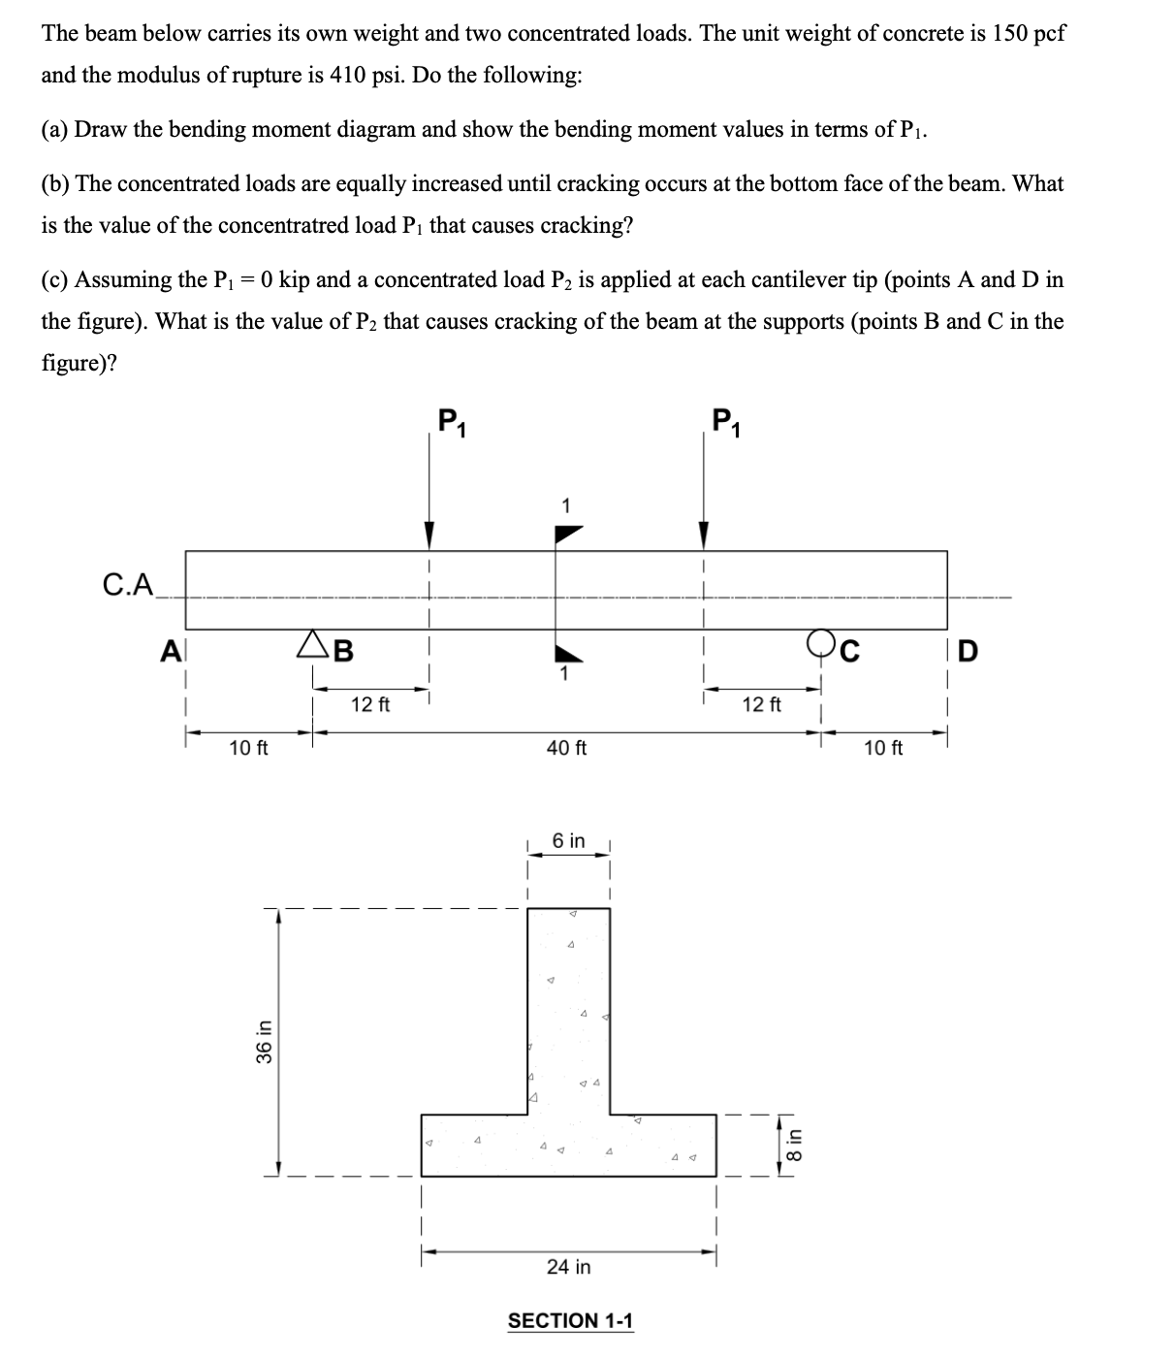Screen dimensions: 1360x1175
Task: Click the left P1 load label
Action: [x=451, y=423]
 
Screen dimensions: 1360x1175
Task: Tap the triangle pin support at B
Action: [x=313, y=643]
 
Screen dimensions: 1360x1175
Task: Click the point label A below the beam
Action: [x=171, y=652]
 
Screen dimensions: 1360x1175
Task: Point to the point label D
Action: [x=968, y=652]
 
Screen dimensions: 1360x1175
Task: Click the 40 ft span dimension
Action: [x=567, y=748]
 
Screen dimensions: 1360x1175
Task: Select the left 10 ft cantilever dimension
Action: [x=249, y=748]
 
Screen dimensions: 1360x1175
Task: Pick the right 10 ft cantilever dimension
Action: [x=882, y=748]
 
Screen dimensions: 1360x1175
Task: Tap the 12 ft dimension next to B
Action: [x=369, y=704]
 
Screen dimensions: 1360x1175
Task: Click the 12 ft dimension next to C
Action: [x=761, y=704]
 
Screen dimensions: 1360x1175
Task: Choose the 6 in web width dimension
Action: [x=568, y=841]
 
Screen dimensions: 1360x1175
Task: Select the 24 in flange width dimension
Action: [x=568, y=1267]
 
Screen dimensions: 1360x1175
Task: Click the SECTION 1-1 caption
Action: [x=570, y=1320]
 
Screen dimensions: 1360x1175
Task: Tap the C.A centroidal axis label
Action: [x=128, y=584]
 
